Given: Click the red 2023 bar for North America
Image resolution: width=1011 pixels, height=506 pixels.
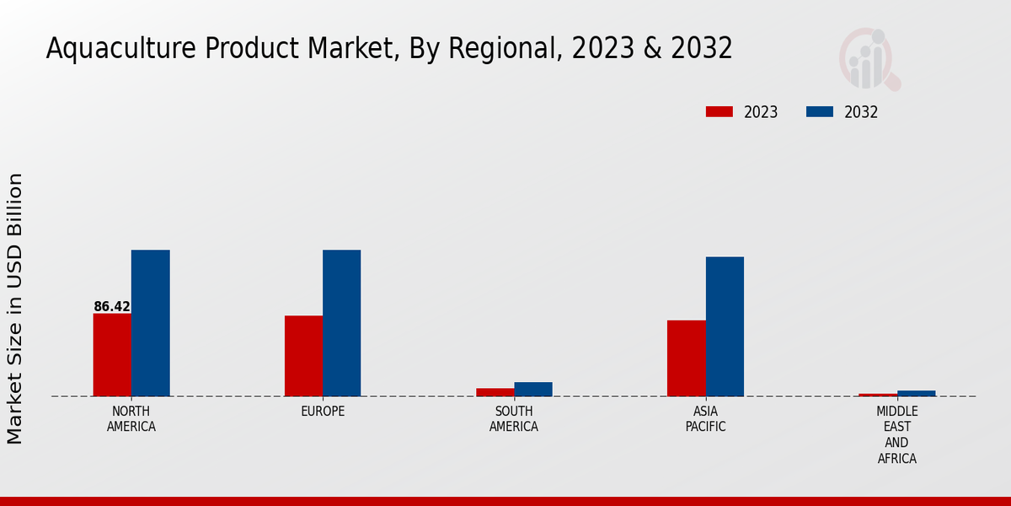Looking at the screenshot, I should pos(112,354).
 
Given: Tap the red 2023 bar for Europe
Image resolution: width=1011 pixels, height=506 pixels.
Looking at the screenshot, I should pos(303,356).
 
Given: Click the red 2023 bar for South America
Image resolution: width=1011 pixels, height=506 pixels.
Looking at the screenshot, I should pos(495,392).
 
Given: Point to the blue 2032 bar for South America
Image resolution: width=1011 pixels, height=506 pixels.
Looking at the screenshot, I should pos(533,389).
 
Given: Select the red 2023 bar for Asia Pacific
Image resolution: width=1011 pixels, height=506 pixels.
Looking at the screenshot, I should pos(686,358).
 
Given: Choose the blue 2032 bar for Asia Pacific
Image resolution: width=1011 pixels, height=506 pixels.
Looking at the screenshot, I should pos(725,326).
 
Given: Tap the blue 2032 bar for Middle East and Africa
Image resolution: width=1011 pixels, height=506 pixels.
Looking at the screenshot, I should pos(916,393).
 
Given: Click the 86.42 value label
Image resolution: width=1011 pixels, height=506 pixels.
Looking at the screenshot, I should pos(112,307).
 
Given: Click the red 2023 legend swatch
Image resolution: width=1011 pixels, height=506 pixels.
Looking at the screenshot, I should pos(719,112).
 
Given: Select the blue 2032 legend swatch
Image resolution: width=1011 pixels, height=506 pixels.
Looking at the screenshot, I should pos(820,112).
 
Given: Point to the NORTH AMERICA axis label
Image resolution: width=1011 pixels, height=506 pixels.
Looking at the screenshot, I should pos(131,419).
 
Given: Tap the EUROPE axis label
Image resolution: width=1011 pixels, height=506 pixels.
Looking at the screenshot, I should pos(323,412).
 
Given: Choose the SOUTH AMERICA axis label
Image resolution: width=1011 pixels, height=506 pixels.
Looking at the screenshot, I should pos(514,419).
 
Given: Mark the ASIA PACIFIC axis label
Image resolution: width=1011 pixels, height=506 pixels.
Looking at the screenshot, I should pos(705,419).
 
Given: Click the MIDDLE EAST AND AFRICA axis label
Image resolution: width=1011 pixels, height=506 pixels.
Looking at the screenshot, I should pos(896,435).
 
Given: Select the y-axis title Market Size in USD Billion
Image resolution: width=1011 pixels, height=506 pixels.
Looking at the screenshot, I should pos(15,308).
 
